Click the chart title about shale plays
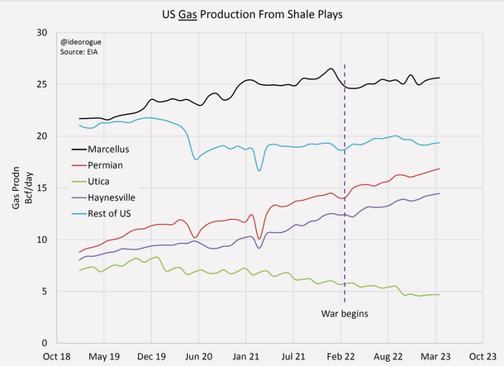tap(252, 14)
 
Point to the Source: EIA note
tap(78, 51)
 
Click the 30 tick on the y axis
tap(40, 32)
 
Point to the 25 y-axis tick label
tap(40, 84)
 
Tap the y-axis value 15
tap(40, 188)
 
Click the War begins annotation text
tap(344, 314)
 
